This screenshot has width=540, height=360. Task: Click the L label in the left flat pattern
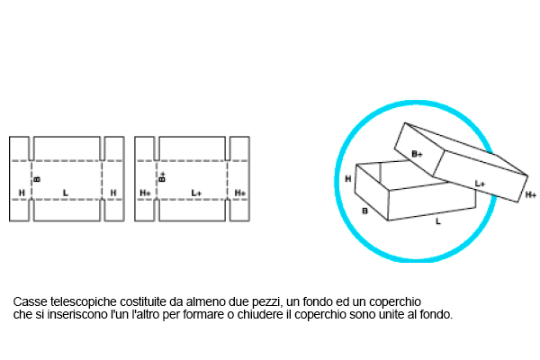(66, 193)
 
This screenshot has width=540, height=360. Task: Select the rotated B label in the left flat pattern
(37, 179)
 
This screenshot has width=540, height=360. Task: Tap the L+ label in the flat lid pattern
(197, 193)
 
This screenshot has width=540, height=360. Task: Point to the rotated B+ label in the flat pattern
(163, 177)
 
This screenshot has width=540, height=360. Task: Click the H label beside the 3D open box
(347, 179)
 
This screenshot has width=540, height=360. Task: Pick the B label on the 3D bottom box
(364, 211)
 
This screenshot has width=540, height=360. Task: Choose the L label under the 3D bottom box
(438, 220)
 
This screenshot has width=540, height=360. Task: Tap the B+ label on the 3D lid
(417, 154)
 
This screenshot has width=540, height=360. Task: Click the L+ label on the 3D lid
(480, 183)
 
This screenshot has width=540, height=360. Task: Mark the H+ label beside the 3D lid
(531, 195)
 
